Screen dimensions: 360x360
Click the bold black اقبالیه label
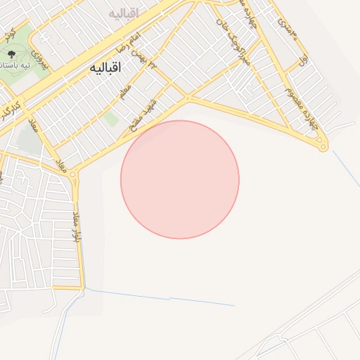(106, 68)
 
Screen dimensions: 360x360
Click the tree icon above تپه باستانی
(12, 53)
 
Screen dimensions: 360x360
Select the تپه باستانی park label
(14, 65)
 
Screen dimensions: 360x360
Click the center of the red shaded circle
(180, 179)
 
